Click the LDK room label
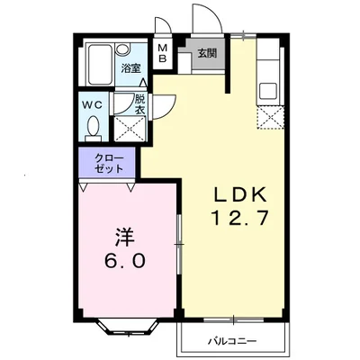tap(239, 194)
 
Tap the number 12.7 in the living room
tap(239, 218)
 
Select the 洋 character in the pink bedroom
tap(125, 237)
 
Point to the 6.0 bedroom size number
tap(125, 260)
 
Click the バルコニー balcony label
tap(232, 341)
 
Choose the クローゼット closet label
tap(109, 164)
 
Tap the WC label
tap(93, 105)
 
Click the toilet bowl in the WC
tap(94, 126)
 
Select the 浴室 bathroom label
tap(130, 68)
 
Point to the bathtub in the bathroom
tap(100, 65)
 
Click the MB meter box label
tap(162, 53)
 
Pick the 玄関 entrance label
tap(207, 53)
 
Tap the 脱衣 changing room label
tap(139, 104)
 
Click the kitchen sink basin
tap(268, 91)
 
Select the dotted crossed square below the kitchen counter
tap(270, 117)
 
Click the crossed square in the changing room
tap(130, 129)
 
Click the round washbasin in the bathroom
tap(122, 49)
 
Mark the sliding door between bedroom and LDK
tap(179, 245)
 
